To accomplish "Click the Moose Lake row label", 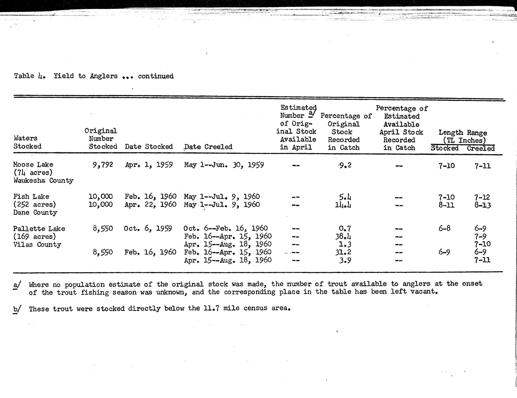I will (x=33, y=165).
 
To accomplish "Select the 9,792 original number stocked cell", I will (x=103, y=165).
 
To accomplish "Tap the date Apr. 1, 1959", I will (x=149, y=165).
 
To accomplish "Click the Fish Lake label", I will (x=31, y=197).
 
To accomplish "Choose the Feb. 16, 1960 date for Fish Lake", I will (x=150, y=197).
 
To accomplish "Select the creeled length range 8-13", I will (x=482, y=205).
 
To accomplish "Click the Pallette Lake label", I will (x=39, y=229).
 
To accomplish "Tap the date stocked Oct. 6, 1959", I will (x=148, y=229).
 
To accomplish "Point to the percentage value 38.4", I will (x=343, y=237).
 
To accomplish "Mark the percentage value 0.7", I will (x=345, y=229).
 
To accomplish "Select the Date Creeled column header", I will (x=208, y=147).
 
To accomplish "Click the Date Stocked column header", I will (x=149, y=147).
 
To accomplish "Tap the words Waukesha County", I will (x=43, y=181).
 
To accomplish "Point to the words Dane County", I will (x=35, y=213).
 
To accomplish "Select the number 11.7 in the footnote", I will (x=211, y=308).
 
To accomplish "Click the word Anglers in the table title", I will (x=104, y=76).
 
